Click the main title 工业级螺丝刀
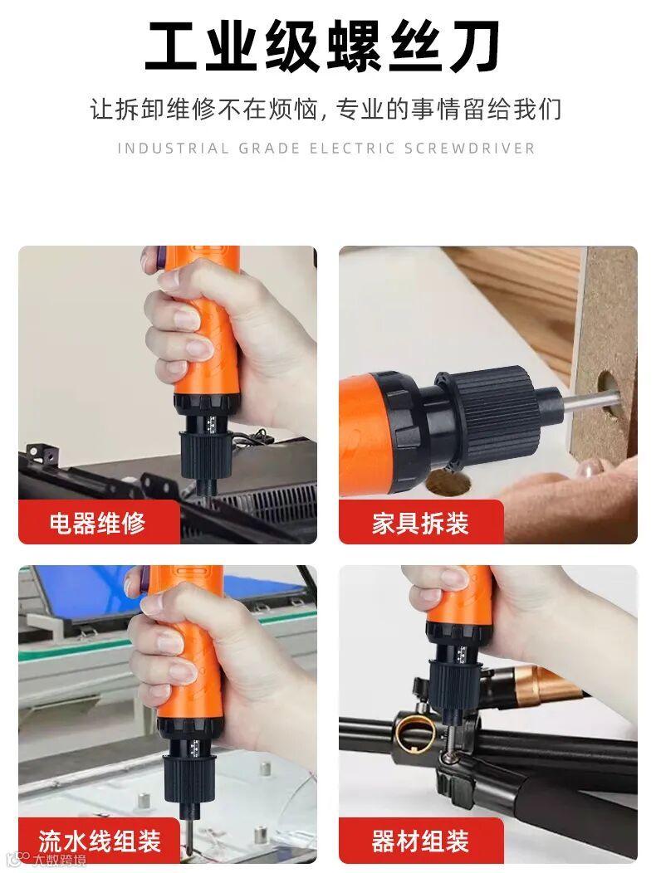(323, 47)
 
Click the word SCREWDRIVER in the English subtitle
(470, 149)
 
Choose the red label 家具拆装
(421, 523)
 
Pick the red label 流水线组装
(99, 841)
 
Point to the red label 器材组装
(421, 841)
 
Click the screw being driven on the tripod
(449, 756)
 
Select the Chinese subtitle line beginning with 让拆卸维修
(326, 110)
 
